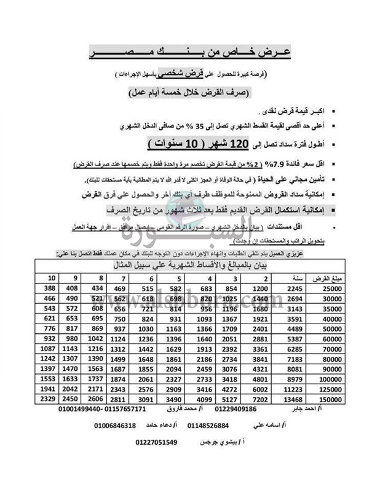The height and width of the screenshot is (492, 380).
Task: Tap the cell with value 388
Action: (x=50, y=288)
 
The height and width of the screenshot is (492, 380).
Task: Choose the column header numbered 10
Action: (x=50, y=277)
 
